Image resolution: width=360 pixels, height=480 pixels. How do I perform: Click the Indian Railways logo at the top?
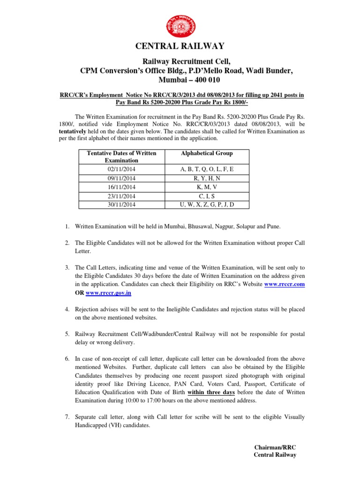pyautogui.click(x=180, y=25)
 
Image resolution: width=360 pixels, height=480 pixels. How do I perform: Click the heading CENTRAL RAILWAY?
pyautogui.click(x=180, y=46)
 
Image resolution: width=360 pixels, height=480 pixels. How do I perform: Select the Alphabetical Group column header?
pyautogui.click(x=206, y=153)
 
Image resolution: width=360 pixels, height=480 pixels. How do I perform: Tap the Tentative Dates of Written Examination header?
pyautogui.click(x=121, y=157)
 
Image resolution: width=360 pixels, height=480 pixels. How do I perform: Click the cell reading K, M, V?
pyautogui.click(x=206, y=187)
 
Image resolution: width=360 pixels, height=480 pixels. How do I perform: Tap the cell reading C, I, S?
pyautogui.click(x=206, y=196)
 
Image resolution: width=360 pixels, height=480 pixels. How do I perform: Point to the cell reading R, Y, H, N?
pyautogui.click(x=206, y=178)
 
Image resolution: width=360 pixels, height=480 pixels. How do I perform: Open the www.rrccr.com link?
pyautogui.click(x=285, y=285)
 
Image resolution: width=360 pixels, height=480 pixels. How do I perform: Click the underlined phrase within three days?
pyautogui.click(x=211, y=392)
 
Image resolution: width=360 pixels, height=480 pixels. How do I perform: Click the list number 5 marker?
pyautogui.click(x=67, y=334)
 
